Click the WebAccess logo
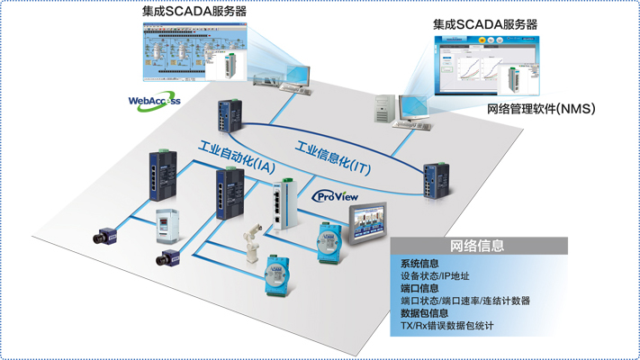(x=154, y=100)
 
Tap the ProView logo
(x=335, y=196)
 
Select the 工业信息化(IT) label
(x=332, y=158)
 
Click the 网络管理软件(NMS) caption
(x=540, y=109)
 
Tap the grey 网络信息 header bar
(x=477, y=246)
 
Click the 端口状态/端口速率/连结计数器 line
(x=464, y=301)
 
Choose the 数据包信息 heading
(x=424, y=313)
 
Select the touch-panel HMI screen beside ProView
(x=374, y=222)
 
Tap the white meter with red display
(x=169, y=224)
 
